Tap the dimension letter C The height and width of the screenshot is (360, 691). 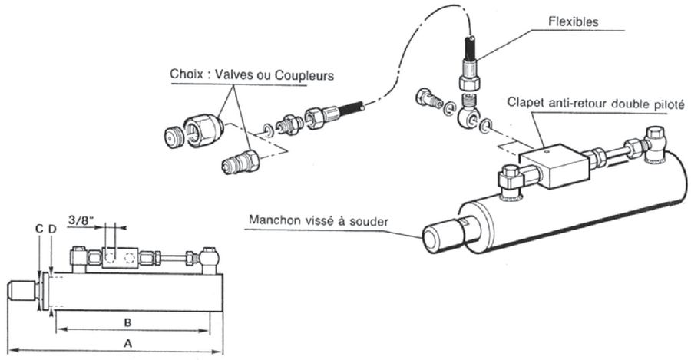coord(39,228)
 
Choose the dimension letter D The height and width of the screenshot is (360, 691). coord(52,228)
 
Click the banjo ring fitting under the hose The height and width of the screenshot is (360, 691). coord(469,115)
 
